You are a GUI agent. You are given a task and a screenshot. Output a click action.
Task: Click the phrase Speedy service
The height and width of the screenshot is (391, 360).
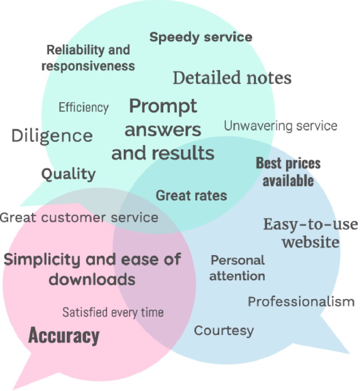point(200,37)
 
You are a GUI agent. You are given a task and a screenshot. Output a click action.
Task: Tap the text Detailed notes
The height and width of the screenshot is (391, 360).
point(232,78)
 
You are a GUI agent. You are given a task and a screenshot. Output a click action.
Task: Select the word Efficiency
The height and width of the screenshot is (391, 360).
point(84,108)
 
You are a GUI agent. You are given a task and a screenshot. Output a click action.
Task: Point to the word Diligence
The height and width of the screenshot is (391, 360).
point(52,136)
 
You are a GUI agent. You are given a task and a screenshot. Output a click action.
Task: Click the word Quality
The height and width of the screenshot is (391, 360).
point(68,174)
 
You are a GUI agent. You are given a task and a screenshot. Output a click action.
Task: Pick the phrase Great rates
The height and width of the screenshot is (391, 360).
point(191,195)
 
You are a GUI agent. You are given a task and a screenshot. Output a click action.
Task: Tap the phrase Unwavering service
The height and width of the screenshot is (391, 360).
point(281,126)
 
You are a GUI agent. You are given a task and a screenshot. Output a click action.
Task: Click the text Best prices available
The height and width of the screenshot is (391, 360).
point(288,172)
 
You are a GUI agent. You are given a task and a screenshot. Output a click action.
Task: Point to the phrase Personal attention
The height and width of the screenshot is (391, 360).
point(237,268)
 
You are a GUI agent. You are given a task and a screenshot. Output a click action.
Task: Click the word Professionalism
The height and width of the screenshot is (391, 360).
point(301,302)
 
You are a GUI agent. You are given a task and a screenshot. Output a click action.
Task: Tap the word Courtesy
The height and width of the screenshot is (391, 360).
point(224,330)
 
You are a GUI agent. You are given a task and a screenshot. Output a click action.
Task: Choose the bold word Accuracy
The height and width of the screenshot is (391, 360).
point(64,336)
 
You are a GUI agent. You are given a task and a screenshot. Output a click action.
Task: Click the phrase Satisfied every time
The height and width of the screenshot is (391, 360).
point(113,312)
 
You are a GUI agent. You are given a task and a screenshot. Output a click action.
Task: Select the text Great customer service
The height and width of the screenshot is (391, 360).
point(79,218)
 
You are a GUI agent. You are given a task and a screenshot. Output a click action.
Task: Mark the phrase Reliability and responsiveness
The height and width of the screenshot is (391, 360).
point(88,58)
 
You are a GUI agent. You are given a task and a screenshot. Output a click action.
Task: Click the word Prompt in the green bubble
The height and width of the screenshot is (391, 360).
point(163,106)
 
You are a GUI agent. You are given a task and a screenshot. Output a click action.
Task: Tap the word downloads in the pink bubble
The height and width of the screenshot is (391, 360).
point(92,279)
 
